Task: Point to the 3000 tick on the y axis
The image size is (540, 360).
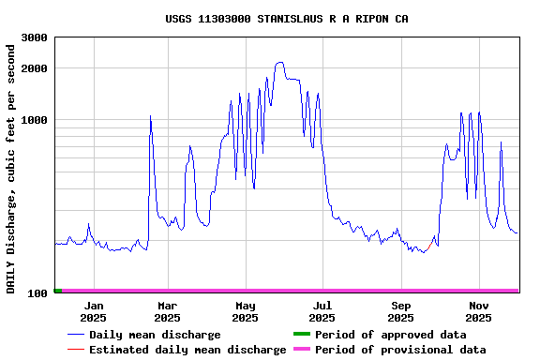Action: (x=35, y=37)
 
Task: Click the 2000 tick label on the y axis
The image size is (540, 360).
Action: (x=35, y=68)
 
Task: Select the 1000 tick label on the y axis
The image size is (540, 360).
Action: (x=35, y=120)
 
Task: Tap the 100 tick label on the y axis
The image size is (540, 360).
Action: (x=37, y=293)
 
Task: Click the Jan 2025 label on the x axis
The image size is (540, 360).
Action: (x=94, y=311)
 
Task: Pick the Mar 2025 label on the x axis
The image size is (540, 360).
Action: (x=167, y=311)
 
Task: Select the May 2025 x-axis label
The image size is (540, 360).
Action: (x=245, y=311)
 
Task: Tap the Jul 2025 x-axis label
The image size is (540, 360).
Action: (x=322, y=311)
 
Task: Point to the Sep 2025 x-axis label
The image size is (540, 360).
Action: (x=400, y=311)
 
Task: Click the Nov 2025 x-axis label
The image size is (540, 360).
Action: (x=478, y=311)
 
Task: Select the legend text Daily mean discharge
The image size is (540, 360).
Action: (x=155, y=335)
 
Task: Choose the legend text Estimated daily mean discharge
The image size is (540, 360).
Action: (x=187, y=350)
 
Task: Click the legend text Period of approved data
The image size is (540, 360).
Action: (x=390, y=335)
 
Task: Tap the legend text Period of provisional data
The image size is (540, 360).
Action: (x=400, y=350)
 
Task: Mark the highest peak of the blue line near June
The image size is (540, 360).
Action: (x=279, y=63)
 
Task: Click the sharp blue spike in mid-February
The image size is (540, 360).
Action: (x=150, y=116)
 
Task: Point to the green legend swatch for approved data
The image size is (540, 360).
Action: (x=301, y=335)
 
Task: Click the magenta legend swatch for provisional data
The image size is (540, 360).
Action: (x=301, y=350)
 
